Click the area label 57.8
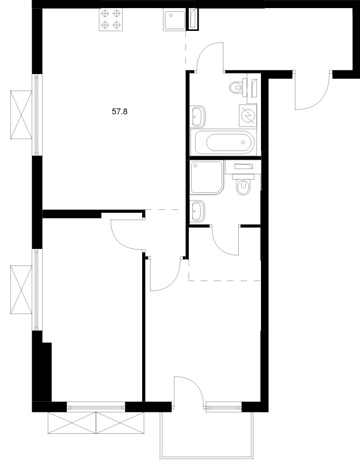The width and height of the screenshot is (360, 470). (x=119, y=112)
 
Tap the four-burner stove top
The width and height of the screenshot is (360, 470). (x=111, y=19)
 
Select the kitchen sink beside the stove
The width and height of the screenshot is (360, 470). (x=174, y=19)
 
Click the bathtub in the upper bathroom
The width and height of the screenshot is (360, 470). (x=225, y=143)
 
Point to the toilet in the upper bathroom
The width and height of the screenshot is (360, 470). (x=237, y=88)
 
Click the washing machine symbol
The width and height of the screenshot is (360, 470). (x=248, y=115)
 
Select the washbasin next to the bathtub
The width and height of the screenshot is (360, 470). (x=198, y=116)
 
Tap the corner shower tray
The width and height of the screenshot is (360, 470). (x=207, y=178)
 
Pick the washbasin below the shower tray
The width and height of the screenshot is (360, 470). (x=198, y=211)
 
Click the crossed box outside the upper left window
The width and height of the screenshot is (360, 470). (x=21, y=115)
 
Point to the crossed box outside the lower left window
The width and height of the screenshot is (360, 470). (x=21, y=290)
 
